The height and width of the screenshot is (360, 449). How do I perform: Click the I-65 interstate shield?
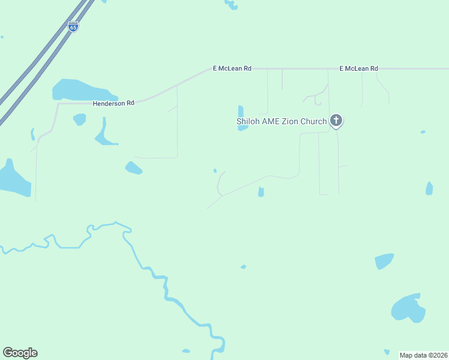coord(73,26)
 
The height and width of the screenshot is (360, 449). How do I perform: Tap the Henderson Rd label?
coord(113,103)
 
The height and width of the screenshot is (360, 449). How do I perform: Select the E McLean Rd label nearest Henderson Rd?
coord(232,68)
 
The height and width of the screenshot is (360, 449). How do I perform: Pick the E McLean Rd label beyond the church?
coord(358,68)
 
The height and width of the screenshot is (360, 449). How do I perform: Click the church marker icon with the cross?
coord(336,121)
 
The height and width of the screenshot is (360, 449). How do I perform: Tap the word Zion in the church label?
coord(291,121)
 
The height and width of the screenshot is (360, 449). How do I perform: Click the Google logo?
coord(20,353)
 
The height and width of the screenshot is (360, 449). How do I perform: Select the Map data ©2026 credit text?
coord(423,355)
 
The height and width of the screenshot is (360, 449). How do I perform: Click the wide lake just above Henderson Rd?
coord(81,91)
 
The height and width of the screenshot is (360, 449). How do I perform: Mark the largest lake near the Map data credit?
coord(408,308)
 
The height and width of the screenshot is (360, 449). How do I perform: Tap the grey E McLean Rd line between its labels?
coord(294,68)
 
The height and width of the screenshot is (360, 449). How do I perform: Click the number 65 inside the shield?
coord(73,28)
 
